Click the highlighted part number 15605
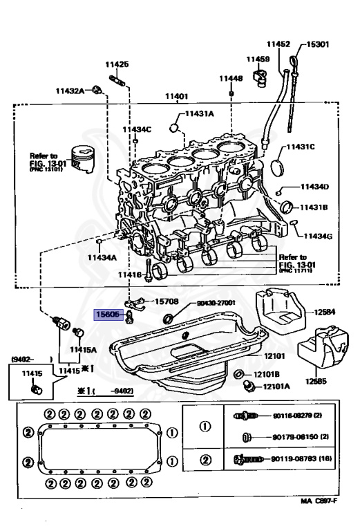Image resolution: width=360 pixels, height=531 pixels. point(108,315)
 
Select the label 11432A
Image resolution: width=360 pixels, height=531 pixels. point(70,91)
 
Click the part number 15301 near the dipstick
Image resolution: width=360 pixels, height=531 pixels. point(319,45)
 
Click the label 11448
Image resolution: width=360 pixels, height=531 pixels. point(231,79)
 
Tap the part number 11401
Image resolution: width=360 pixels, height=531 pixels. point(176,96)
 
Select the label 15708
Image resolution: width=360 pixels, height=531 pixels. point(167,301)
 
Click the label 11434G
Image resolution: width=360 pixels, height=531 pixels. point(319,236)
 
